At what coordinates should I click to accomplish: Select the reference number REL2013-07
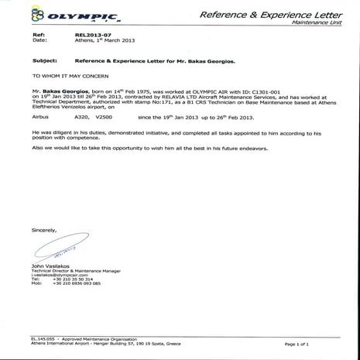pos(91,36)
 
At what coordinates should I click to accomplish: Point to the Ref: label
pos(38,36)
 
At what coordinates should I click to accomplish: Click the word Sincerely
pos(44,231)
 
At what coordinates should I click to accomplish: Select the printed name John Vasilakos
pos(52,266)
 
